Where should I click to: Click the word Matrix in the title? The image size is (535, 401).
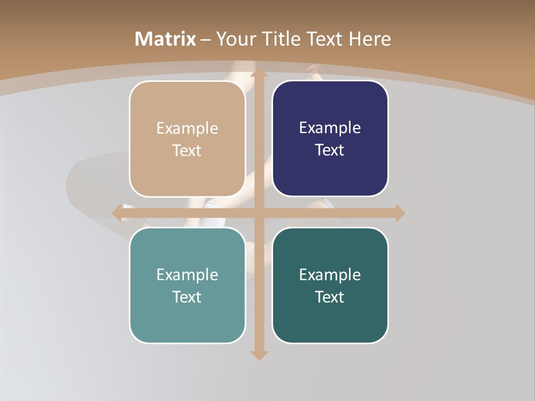tap(166, 39)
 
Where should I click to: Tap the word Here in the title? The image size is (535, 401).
tap(369, 39)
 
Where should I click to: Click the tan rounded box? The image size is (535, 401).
tap(187, 139)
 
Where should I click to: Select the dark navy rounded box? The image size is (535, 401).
tap(330, 139)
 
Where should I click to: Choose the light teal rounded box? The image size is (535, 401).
tap(187, 286)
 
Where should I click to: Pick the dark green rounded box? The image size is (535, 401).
tap(330, 286)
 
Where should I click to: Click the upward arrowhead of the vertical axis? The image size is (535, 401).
tap(259, 74)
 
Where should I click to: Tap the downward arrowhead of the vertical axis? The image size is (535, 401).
tap(259, 355)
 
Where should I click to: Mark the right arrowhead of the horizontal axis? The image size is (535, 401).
tap(400, 213)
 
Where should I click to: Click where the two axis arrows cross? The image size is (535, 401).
tap(259, 213)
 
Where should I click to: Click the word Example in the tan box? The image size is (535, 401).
tap(187, 128)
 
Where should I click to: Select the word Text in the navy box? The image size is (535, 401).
tap(330, 150)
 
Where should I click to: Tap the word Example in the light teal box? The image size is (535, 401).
tap(187, 275)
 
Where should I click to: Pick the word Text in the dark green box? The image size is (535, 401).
tap(330, 297)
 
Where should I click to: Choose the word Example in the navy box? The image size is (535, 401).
tap(330, 128)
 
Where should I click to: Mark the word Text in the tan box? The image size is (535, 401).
tap(187, 150)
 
